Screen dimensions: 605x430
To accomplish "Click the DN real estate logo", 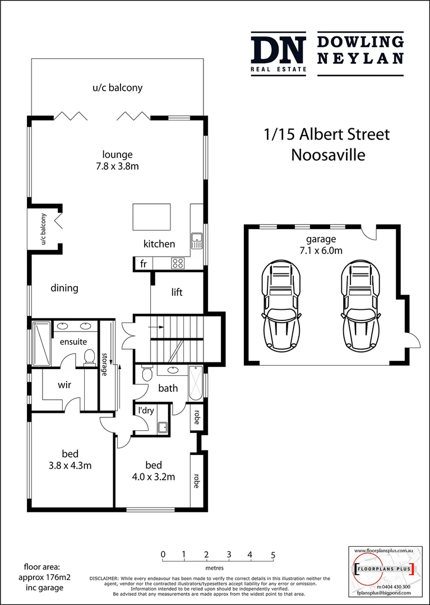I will pyautogui.click(x=278, y=54).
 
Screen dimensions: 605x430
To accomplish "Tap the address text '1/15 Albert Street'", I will pyautogui.click(x=327, y=134).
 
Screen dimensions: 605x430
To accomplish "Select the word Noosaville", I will pyautogui.click(x=327, y=155).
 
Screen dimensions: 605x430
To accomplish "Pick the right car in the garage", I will pyautogui.click(x=360, y=306).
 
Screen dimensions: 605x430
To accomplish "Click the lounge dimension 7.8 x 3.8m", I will pyautogui.click(x=117, y=166).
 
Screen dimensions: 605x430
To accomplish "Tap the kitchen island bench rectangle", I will pyautogui.click(x=151, y=217).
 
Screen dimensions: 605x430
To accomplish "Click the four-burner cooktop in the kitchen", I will pyautogui.click(x=178, y=263).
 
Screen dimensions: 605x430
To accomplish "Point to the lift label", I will pyautogui.click(x=177, y=292).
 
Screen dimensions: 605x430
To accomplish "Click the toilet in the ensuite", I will pyautogui.click(x=89, y=356).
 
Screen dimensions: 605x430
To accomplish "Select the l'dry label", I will pyautogui.click(x=146, y=411).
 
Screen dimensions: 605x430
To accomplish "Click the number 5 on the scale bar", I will pyautogui.click(x=273, y=556).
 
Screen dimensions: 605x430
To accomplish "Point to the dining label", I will pyautogui.click(x=64, y=288).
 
